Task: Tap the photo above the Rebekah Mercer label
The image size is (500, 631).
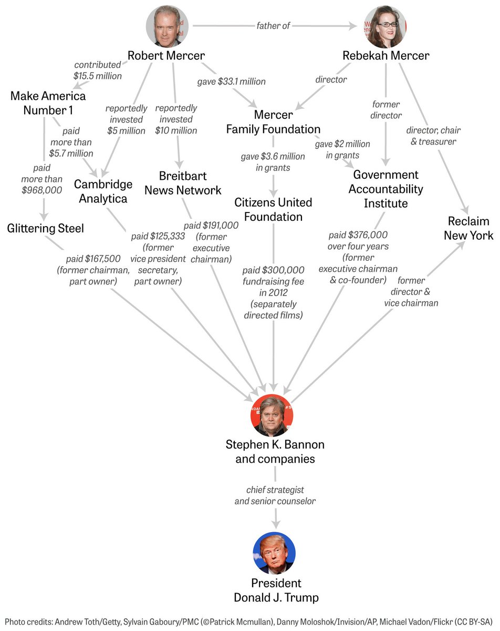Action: point(386,26)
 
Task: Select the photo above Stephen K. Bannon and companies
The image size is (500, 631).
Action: point(272,415)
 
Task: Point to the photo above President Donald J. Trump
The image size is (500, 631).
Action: point(274,553)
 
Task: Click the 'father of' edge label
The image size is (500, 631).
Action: point(273,25)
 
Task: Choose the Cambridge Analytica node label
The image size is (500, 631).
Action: point(103,191)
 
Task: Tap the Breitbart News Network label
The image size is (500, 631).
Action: point(183,182)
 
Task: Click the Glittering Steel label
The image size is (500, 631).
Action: point(46,228)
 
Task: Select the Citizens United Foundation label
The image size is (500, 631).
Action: point(273,209)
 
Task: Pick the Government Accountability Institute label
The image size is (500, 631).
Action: point(386,188)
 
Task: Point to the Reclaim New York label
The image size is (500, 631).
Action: point(468,228)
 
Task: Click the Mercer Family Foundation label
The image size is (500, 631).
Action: point(273,121)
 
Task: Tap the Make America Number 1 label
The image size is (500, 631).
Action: point(48,103)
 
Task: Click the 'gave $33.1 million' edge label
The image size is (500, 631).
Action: point(231,82)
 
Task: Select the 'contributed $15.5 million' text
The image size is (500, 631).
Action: point(98,70)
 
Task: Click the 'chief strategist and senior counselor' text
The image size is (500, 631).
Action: point(275,495)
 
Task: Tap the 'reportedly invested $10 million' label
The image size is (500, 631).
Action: point(176,119)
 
